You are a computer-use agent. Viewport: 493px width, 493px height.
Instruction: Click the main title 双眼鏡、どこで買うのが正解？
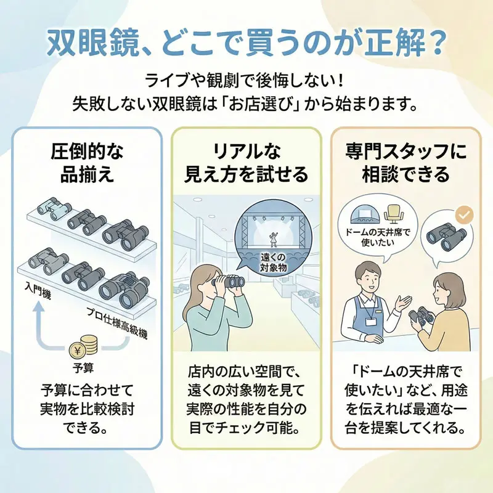[246, 43]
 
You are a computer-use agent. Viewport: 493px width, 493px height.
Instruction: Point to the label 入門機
[38, 290]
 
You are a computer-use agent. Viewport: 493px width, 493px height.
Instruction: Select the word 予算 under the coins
[82, 367]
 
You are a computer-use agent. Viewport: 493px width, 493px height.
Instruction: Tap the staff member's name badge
[370, 322]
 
